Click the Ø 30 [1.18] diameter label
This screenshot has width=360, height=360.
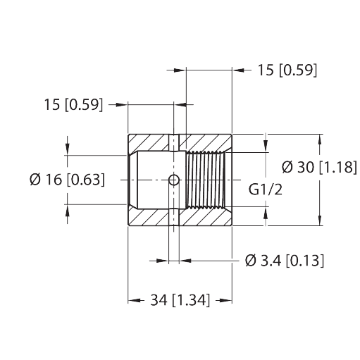(x=319, y=168)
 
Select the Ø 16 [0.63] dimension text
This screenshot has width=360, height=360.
(x=68, y=180)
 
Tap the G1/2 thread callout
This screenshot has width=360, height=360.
(x=266, y=190)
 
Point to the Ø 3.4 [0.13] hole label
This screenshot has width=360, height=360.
(x=285, y=261)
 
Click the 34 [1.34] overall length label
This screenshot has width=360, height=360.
(x=180, y=300)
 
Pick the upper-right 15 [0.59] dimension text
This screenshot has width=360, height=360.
(x=287, y=70)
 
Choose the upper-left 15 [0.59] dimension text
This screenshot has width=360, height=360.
(x=73, y=104)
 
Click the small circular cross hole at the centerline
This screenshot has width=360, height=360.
(x=174, y=180)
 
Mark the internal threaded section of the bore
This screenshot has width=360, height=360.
(x=206, y=180)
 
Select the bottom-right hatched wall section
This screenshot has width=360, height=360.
(x=206, y=216)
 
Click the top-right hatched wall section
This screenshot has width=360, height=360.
(x=206, y=143)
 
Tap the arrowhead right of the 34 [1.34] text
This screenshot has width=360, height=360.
(x=225, y=300)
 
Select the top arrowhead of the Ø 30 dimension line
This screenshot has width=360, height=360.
(x=320, y=141)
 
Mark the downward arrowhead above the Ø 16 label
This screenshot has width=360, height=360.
(x=68, y=149)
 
